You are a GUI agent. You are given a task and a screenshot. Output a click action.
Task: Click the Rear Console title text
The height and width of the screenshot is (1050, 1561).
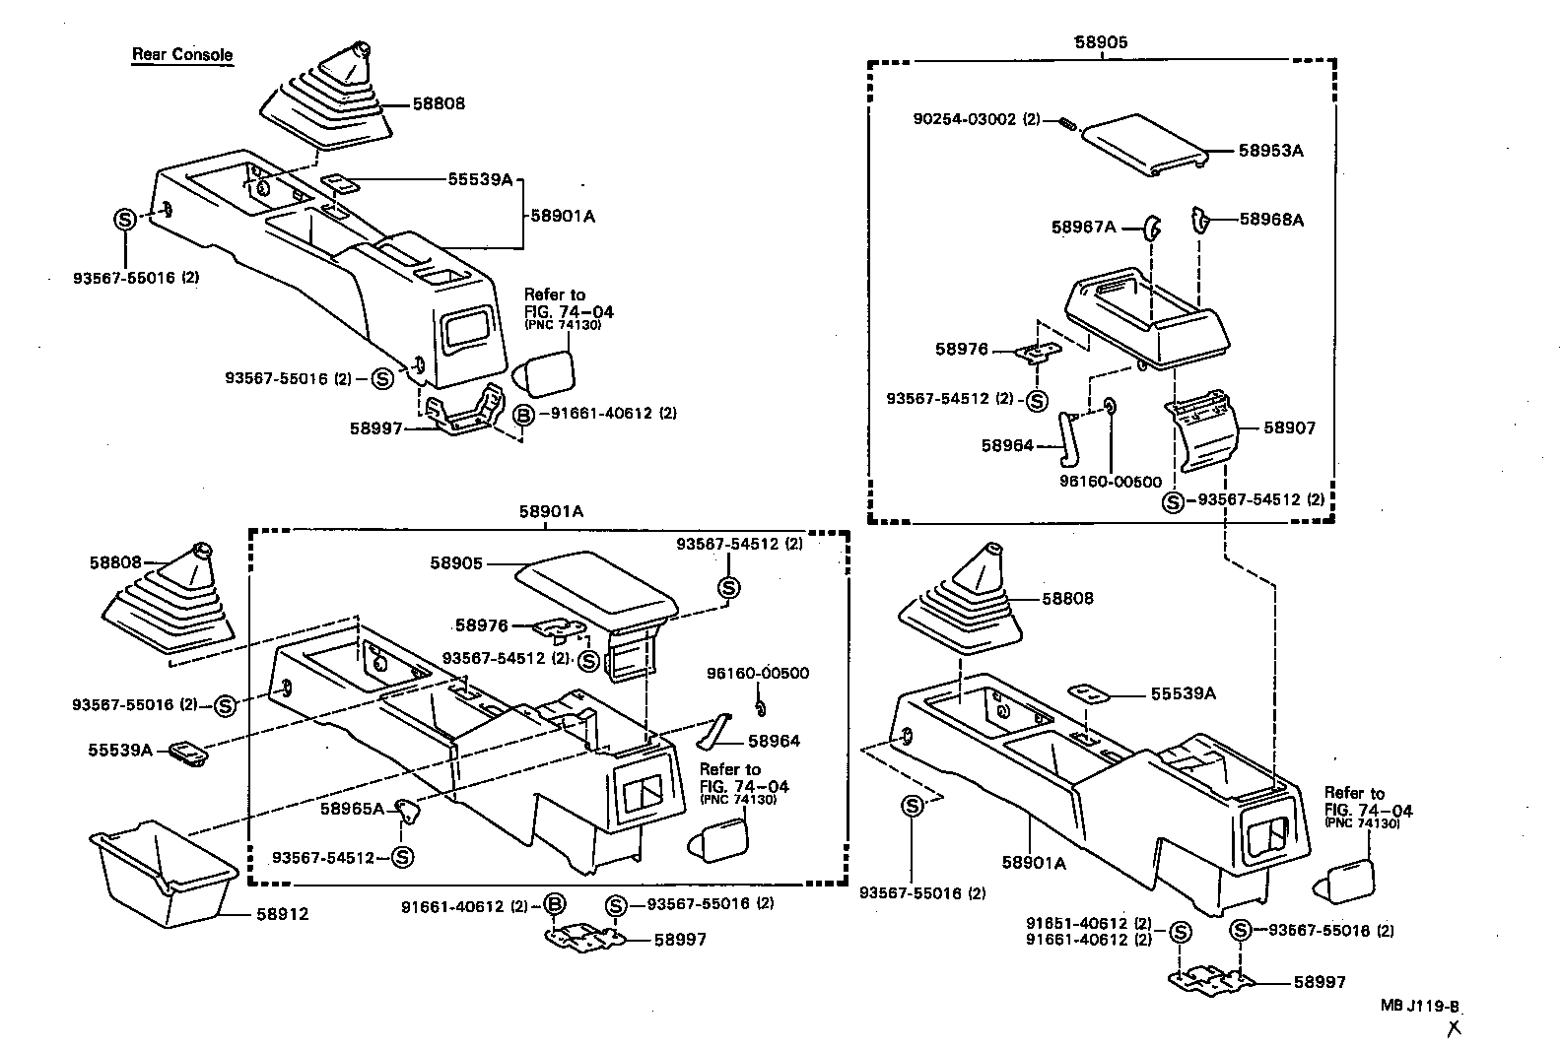[x=182, y=54]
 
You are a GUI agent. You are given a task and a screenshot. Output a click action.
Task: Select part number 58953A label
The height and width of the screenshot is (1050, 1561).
[x=1271, y=151]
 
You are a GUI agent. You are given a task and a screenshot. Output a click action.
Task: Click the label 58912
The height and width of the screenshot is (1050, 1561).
[x=283, y=914]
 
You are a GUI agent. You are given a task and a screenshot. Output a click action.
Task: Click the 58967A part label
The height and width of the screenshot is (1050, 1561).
[x=1083, y=228]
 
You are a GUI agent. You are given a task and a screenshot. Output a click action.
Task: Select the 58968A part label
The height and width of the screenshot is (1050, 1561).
[x=1271, y=220]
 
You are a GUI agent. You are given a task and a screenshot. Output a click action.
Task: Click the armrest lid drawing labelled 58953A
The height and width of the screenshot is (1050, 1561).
[x=1143, y=144]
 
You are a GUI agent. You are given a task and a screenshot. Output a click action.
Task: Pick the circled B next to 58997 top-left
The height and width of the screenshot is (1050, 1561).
[x=523, y=415]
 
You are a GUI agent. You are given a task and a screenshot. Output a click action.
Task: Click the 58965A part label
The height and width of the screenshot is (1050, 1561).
[x=351, y=809]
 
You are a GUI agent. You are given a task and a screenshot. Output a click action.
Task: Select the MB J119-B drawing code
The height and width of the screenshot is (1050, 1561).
[x=1419, y=1006]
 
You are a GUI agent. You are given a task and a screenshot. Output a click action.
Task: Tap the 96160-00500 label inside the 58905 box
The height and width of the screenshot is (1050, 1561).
[x=1111, y=482]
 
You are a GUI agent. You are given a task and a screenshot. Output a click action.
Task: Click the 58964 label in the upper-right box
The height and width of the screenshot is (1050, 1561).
[x=1007, y=445]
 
